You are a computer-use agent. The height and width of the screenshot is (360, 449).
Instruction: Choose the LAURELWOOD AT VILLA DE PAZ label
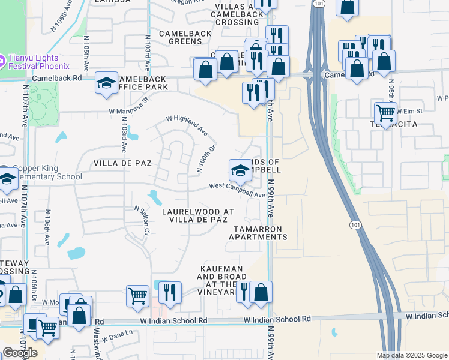tap(198, 216)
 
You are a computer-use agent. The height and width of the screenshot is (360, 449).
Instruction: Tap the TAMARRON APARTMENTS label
tap(258, 233)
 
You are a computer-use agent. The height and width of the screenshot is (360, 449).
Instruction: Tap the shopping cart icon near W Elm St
tap(385, 112)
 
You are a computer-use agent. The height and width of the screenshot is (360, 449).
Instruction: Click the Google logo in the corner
tap(19, 353)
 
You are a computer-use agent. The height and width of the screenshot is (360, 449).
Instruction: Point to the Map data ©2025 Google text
tap(412, 355)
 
